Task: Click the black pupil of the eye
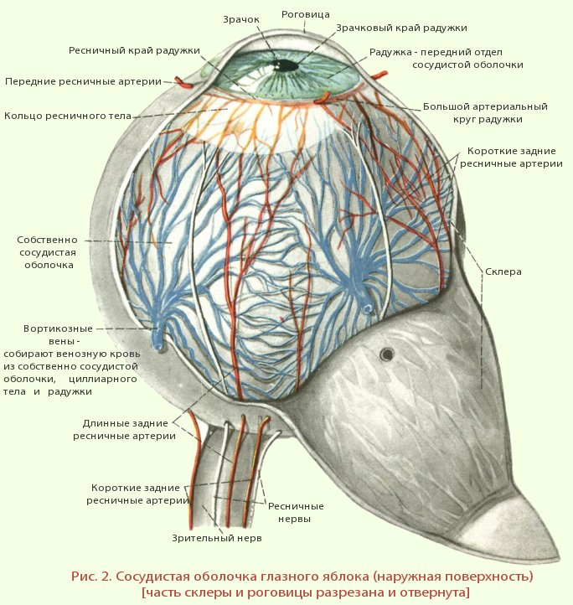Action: [x=286, y=65]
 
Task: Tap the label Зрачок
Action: [x=241, y=19]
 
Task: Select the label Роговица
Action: [x=305, y=14]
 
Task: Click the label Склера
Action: [x=503, y=271]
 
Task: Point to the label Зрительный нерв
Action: [x=217, y=538]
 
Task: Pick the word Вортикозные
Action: [x=59, y=328]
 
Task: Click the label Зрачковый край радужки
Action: [x=401, y=28]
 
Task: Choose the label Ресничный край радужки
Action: [x=134, y=50]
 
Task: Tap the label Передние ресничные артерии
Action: [x=83, y=81]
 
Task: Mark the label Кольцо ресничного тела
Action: [x=68, y=116]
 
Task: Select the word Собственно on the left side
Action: [x=47, y=240]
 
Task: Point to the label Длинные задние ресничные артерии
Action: [x=125, y=430]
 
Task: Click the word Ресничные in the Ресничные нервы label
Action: [x=296, y=506]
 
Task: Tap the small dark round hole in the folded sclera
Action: [x=387, y=354]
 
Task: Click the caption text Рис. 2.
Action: [x=91, y=577]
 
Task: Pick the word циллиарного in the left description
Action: [x=103, y=380]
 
